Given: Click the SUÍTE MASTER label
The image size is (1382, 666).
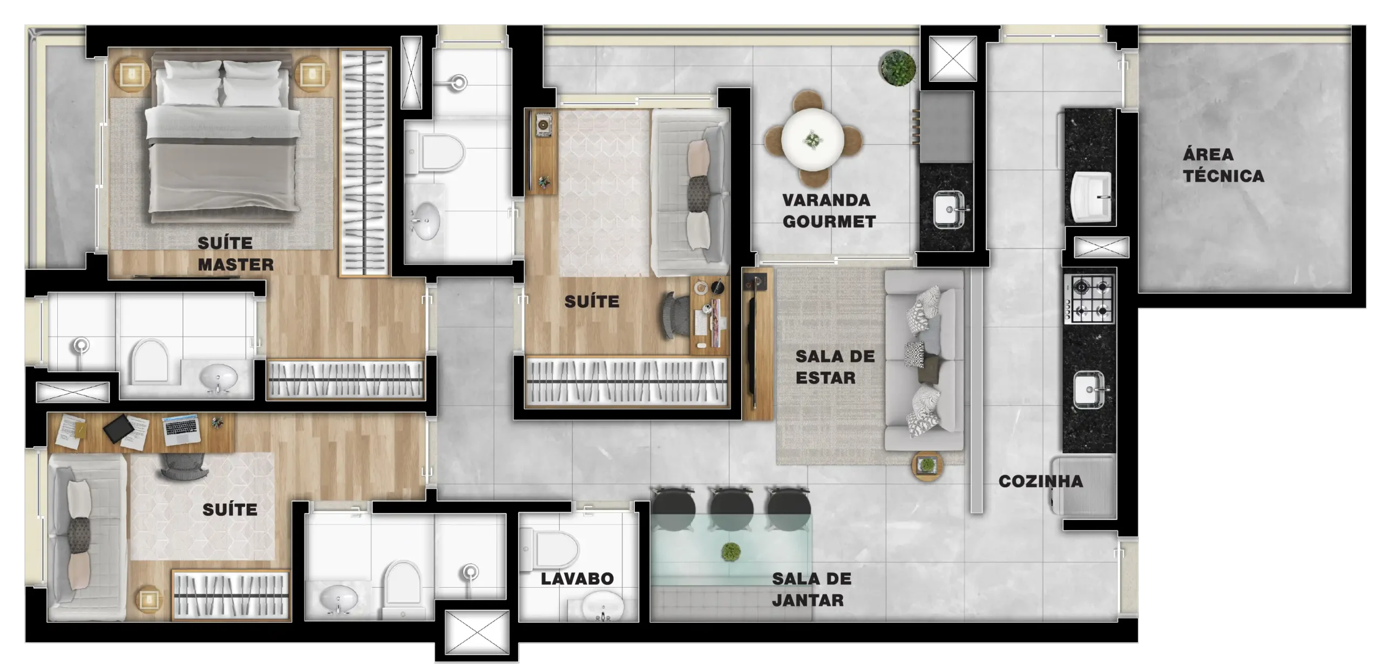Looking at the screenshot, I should (x=235, y=254).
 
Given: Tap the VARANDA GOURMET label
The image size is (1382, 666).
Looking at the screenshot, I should (x=829, y=211).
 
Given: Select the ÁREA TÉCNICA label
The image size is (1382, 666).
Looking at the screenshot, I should (x=1223, y=165).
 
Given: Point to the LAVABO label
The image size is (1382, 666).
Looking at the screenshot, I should (x=577, y=579).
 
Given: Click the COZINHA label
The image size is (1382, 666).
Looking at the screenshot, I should (x=1040, y=481).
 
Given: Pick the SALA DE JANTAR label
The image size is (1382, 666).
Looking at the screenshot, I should (x=811, y=589).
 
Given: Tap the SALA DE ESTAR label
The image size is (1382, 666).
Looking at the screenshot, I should (x=835, y=367).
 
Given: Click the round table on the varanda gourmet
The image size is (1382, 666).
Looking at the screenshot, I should (x=812, y=139).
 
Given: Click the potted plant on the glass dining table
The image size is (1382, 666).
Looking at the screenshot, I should (x=730, y=552).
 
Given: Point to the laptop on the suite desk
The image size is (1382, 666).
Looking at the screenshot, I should (x=181, y=430).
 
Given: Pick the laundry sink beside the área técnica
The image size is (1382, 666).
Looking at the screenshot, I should (x=1091, y=197).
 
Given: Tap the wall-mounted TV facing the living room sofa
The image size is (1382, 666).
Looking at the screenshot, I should (x=750, y=343).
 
